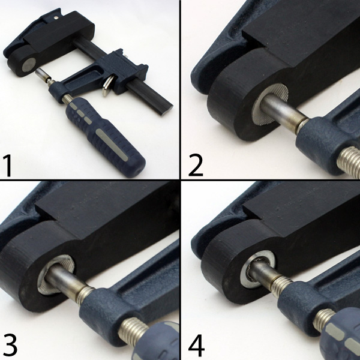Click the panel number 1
[x=8, y=166]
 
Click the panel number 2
[x=196, y=165]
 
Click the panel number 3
[x=10, y=345]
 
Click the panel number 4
[x=196, y=345]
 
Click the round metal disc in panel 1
[x=29, y=65]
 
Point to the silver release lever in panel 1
[x=108, y=86]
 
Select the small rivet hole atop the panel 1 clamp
[x=56, y=17]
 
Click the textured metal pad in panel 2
[x=270, y=104]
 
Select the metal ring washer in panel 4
[x=257, y=269]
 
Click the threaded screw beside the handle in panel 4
[x=324, y=320]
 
